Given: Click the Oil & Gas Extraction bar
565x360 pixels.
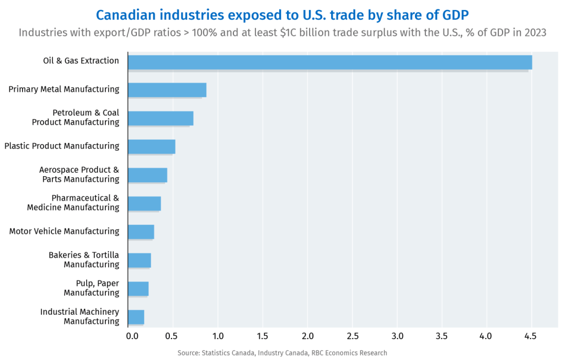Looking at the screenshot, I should click(x=329, y=62).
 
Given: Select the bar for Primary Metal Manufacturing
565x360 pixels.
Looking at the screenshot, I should click(x=167, y=90).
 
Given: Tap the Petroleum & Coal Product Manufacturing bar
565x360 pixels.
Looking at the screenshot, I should click(x=160, y=118).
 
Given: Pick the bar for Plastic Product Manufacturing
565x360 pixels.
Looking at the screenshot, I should click(x=151, y=146).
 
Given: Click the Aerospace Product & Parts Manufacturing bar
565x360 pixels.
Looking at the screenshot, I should click(x=147, y=175).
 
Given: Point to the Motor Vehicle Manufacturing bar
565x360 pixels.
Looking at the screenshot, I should click(x=141, y=232).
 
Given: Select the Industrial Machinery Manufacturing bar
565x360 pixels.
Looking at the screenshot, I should click(x=136, y=317).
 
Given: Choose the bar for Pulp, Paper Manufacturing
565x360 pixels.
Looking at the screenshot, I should click(x=138, y=288).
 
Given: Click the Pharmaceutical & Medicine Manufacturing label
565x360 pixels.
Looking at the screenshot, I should click(x=73, y=203).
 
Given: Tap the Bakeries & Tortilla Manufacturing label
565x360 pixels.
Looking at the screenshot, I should click(x=84, y=260).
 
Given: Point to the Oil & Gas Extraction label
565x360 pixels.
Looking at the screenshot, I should click(x=81, y=61).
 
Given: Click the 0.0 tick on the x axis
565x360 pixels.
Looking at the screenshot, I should click(x=132, y=336).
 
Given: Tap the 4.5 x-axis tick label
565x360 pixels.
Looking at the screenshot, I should click(x=530, y=336).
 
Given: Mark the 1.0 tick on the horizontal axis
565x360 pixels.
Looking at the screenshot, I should click(x=218, y=336).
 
